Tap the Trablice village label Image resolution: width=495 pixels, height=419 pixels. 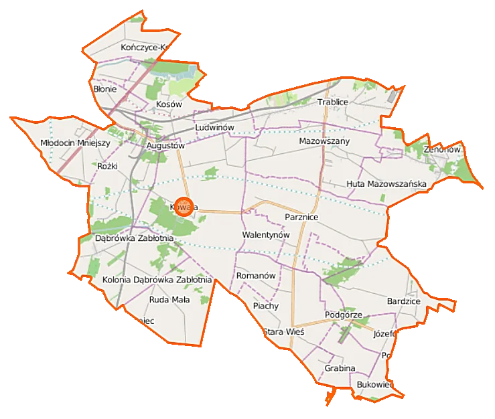click(333, 102)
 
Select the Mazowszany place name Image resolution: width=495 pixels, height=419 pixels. click(324, 142)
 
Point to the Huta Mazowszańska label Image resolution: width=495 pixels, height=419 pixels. click(386, 183)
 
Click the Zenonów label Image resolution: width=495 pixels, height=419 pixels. click(442, 150)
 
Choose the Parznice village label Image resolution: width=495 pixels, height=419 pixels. click(301, 218)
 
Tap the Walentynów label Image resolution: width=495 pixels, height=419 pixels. click(265, 236)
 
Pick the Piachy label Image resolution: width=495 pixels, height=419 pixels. click(266, 306)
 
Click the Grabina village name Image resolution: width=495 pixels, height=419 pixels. click(340, 369)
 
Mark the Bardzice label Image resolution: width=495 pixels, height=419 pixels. click(403, 302)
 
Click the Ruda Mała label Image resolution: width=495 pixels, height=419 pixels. click(169, 300)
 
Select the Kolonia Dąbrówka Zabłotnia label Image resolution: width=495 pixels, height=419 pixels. click(157, 280)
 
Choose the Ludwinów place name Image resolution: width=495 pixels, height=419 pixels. click(214, 127)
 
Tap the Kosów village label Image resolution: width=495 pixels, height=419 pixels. click(169, 105)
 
